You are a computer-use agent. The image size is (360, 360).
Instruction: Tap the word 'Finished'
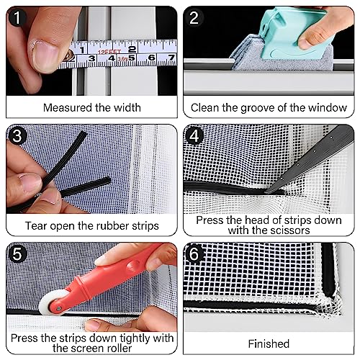[x=268, y=343]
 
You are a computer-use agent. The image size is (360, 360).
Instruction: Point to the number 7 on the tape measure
[x=171, y=57]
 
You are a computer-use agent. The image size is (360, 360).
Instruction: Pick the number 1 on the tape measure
[x=83, y=52]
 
